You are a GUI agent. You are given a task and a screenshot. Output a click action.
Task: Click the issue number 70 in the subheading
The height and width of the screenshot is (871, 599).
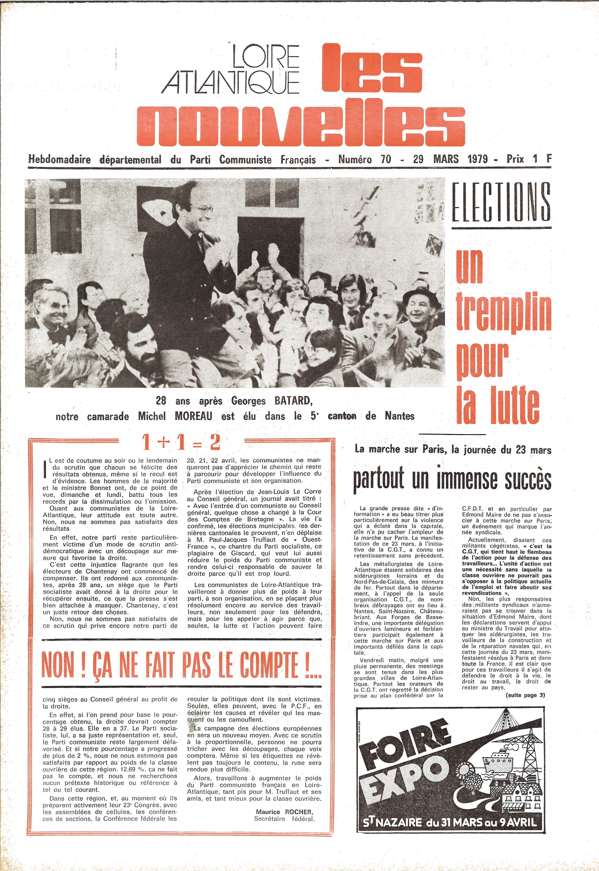(x=385, y=159)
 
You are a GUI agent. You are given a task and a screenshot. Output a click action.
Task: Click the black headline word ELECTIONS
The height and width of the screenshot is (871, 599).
(x=501, y=203)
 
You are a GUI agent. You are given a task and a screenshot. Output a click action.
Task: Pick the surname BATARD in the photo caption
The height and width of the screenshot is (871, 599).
(x=293, y=401)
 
